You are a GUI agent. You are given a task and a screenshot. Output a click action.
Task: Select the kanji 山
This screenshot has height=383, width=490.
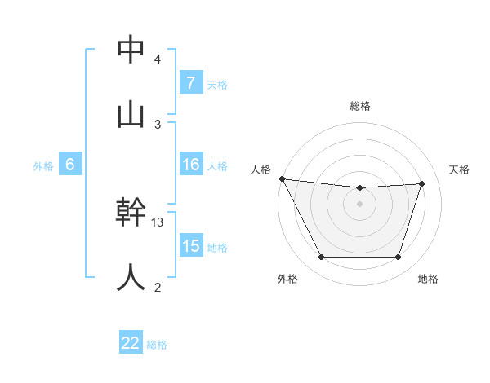click(x=131, y=114)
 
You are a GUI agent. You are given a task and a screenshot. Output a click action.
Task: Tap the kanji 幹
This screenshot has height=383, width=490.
click(x=131, y=213)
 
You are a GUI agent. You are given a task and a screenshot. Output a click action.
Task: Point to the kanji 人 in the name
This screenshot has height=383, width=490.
click(x=131, y=277)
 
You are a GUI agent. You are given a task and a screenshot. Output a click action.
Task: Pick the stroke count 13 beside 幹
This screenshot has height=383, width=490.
click(x=158, y=222)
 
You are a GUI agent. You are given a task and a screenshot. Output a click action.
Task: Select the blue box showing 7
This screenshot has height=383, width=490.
click(x=190, y=83)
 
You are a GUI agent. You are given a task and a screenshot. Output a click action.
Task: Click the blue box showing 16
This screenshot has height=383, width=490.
click(x=190, y=165)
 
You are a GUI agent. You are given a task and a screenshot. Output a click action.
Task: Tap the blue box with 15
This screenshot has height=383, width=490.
click(x=190, y=246)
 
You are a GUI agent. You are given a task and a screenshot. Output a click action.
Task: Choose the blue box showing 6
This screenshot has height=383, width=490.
click(x=70, y=165)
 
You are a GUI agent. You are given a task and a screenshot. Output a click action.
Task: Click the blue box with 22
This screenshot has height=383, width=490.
click(x=131, y=343)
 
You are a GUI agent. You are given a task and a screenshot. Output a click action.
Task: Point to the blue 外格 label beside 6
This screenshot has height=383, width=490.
click(x=43, y=165)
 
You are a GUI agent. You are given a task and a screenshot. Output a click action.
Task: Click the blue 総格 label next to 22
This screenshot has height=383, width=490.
click(x=157, y=345)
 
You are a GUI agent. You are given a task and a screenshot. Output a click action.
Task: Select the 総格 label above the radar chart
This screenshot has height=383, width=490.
click(x=360, y=106)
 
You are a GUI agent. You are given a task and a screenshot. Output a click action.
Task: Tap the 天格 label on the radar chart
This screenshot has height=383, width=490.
click(x=459, y=169)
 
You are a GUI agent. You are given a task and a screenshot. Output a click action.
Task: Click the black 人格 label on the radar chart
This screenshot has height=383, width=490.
click(x=261, y=169)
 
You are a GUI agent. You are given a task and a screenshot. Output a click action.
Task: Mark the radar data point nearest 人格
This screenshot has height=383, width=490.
click(x=282, y=178)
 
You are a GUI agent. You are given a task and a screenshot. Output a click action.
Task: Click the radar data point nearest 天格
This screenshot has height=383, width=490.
click(x=421, y=183)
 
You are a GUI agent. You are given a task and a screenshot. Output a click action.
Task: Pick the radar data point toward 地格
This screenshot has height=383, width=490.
click(x=398, y=257)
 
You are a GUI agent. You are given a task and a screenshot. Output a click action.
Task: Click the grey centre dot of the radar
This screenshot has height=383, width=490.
click(x=360, y=204)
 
